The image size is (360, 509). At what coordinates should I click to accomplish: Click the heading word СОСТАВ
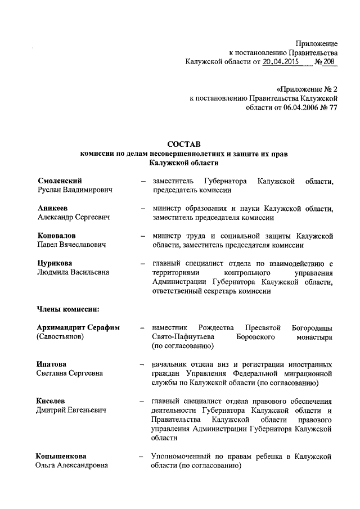coord(184,144)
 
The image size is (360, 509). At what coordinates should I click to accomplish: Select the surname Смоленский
coord(60,181)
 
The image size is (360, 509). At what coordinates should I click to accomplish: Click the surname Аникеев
coord(53,208)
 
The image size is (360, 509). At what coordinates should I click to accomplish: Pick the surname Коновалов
coord(57,235)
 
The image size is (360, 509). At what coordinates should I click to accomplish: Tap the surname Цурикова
coord(56,263)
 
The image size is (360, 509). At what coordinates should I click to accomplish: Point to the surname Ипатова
coord(52,364)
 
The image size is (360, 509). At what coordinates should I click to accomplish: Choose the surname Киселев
coord(51,400)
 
